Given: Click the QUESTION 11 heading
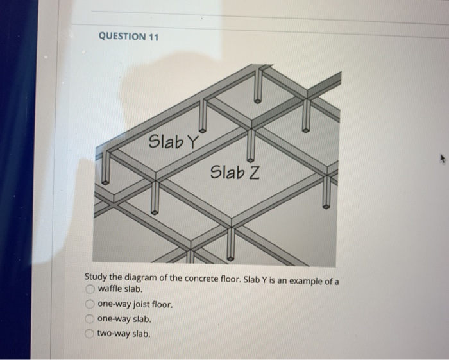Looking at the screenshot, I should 128,37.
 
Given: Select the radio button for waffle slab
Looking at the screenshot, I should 91,289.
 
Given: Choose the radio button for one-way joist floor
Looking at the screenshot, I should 91,304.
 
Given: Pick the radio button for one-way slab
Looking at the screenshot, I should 91,318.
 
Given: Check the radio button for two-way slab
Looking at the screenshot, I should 91,333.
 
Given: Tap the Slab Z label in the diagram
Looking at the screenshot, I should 234,172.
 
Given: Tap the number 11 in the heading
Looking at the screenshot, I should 153,37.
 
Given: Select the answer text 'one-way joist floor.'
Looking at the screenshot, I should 135,305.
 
